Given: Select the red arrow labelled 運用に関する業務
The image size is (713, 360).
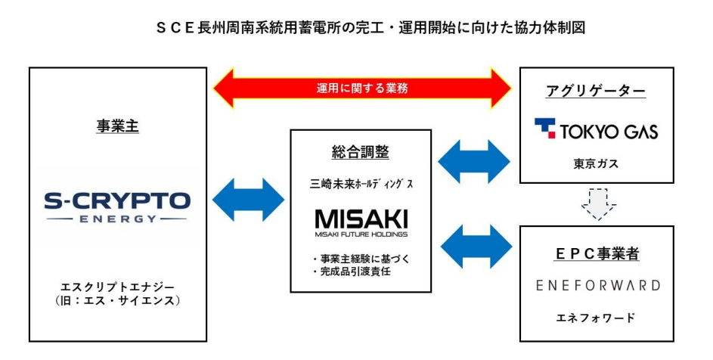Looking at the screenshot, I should pyautogui.click(x=362, y=88).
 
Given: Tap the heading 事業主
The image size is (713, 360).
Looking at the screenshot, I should pyautogui.click(x=117, y=127).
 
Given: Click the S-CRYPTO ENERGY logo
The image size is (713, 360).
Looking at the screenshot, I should pyautogui.click(x=117, y=206).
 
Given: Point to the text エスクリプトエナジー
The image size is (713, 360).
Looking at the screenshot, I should pyautogui.click(x=117, y=287).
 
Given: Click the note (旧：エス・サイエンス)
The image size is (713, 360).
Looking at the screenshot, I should pyautogui.click(x=117, y=303).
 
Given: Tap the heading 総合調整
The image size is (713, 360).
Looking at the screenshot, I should pyautogui.click(x=360, y=152).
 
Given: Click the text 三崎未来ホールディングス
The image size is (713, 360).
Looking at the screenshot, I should pyautogui.click(x=360, y=183).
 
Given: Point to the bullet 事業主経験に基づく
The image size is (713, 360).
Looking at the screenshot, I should pyautogui.click(x=361, y=259).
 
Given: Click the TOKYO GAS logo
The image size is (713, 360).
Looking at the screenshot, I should pyautogui.click(x=596, y=129).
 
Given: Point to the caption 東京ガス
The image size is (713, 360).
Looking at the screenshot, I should pyautogui.click(x=596, y=163).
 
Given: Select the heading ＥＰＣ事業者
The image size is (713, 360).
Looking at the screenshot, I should pyautogui.click(x=596, y=254).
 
